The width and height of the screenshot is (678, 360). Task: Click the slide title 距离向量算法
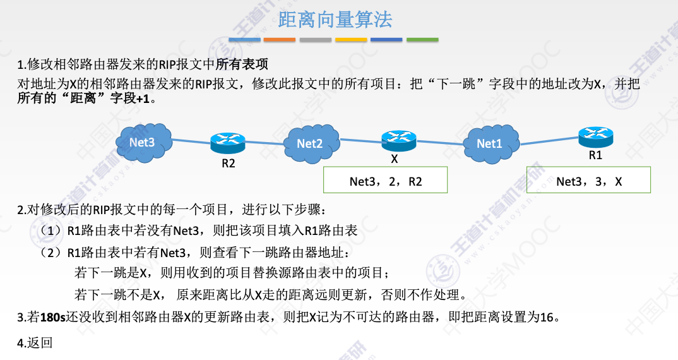coord(335,20)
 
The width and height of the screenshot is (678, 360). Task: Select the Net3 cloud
coord(143,142)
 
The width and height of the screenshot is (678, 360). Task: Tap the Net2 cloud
coord(309,144)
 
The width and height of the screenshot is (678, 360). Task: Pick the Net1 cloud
coord(489,143)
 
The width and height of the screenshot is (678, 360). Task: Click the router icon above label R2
coord(227,143)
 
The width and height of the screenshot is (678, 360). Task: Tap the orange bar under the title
coord(280,40)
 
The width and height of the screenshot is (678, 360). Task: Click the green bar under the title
coord(422,40)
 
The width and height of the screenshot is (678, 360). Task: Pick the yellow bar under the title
coord(351,40)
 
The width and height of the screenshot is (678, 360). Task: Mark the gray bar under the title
coord(316,40)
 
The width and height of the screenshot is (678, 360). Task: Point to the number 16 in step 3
coord(547,317)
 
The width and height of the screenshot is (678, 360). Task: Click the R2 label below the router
coord(228,164)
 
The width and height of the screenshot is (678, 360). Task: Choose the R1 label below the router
coord(595,155)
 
